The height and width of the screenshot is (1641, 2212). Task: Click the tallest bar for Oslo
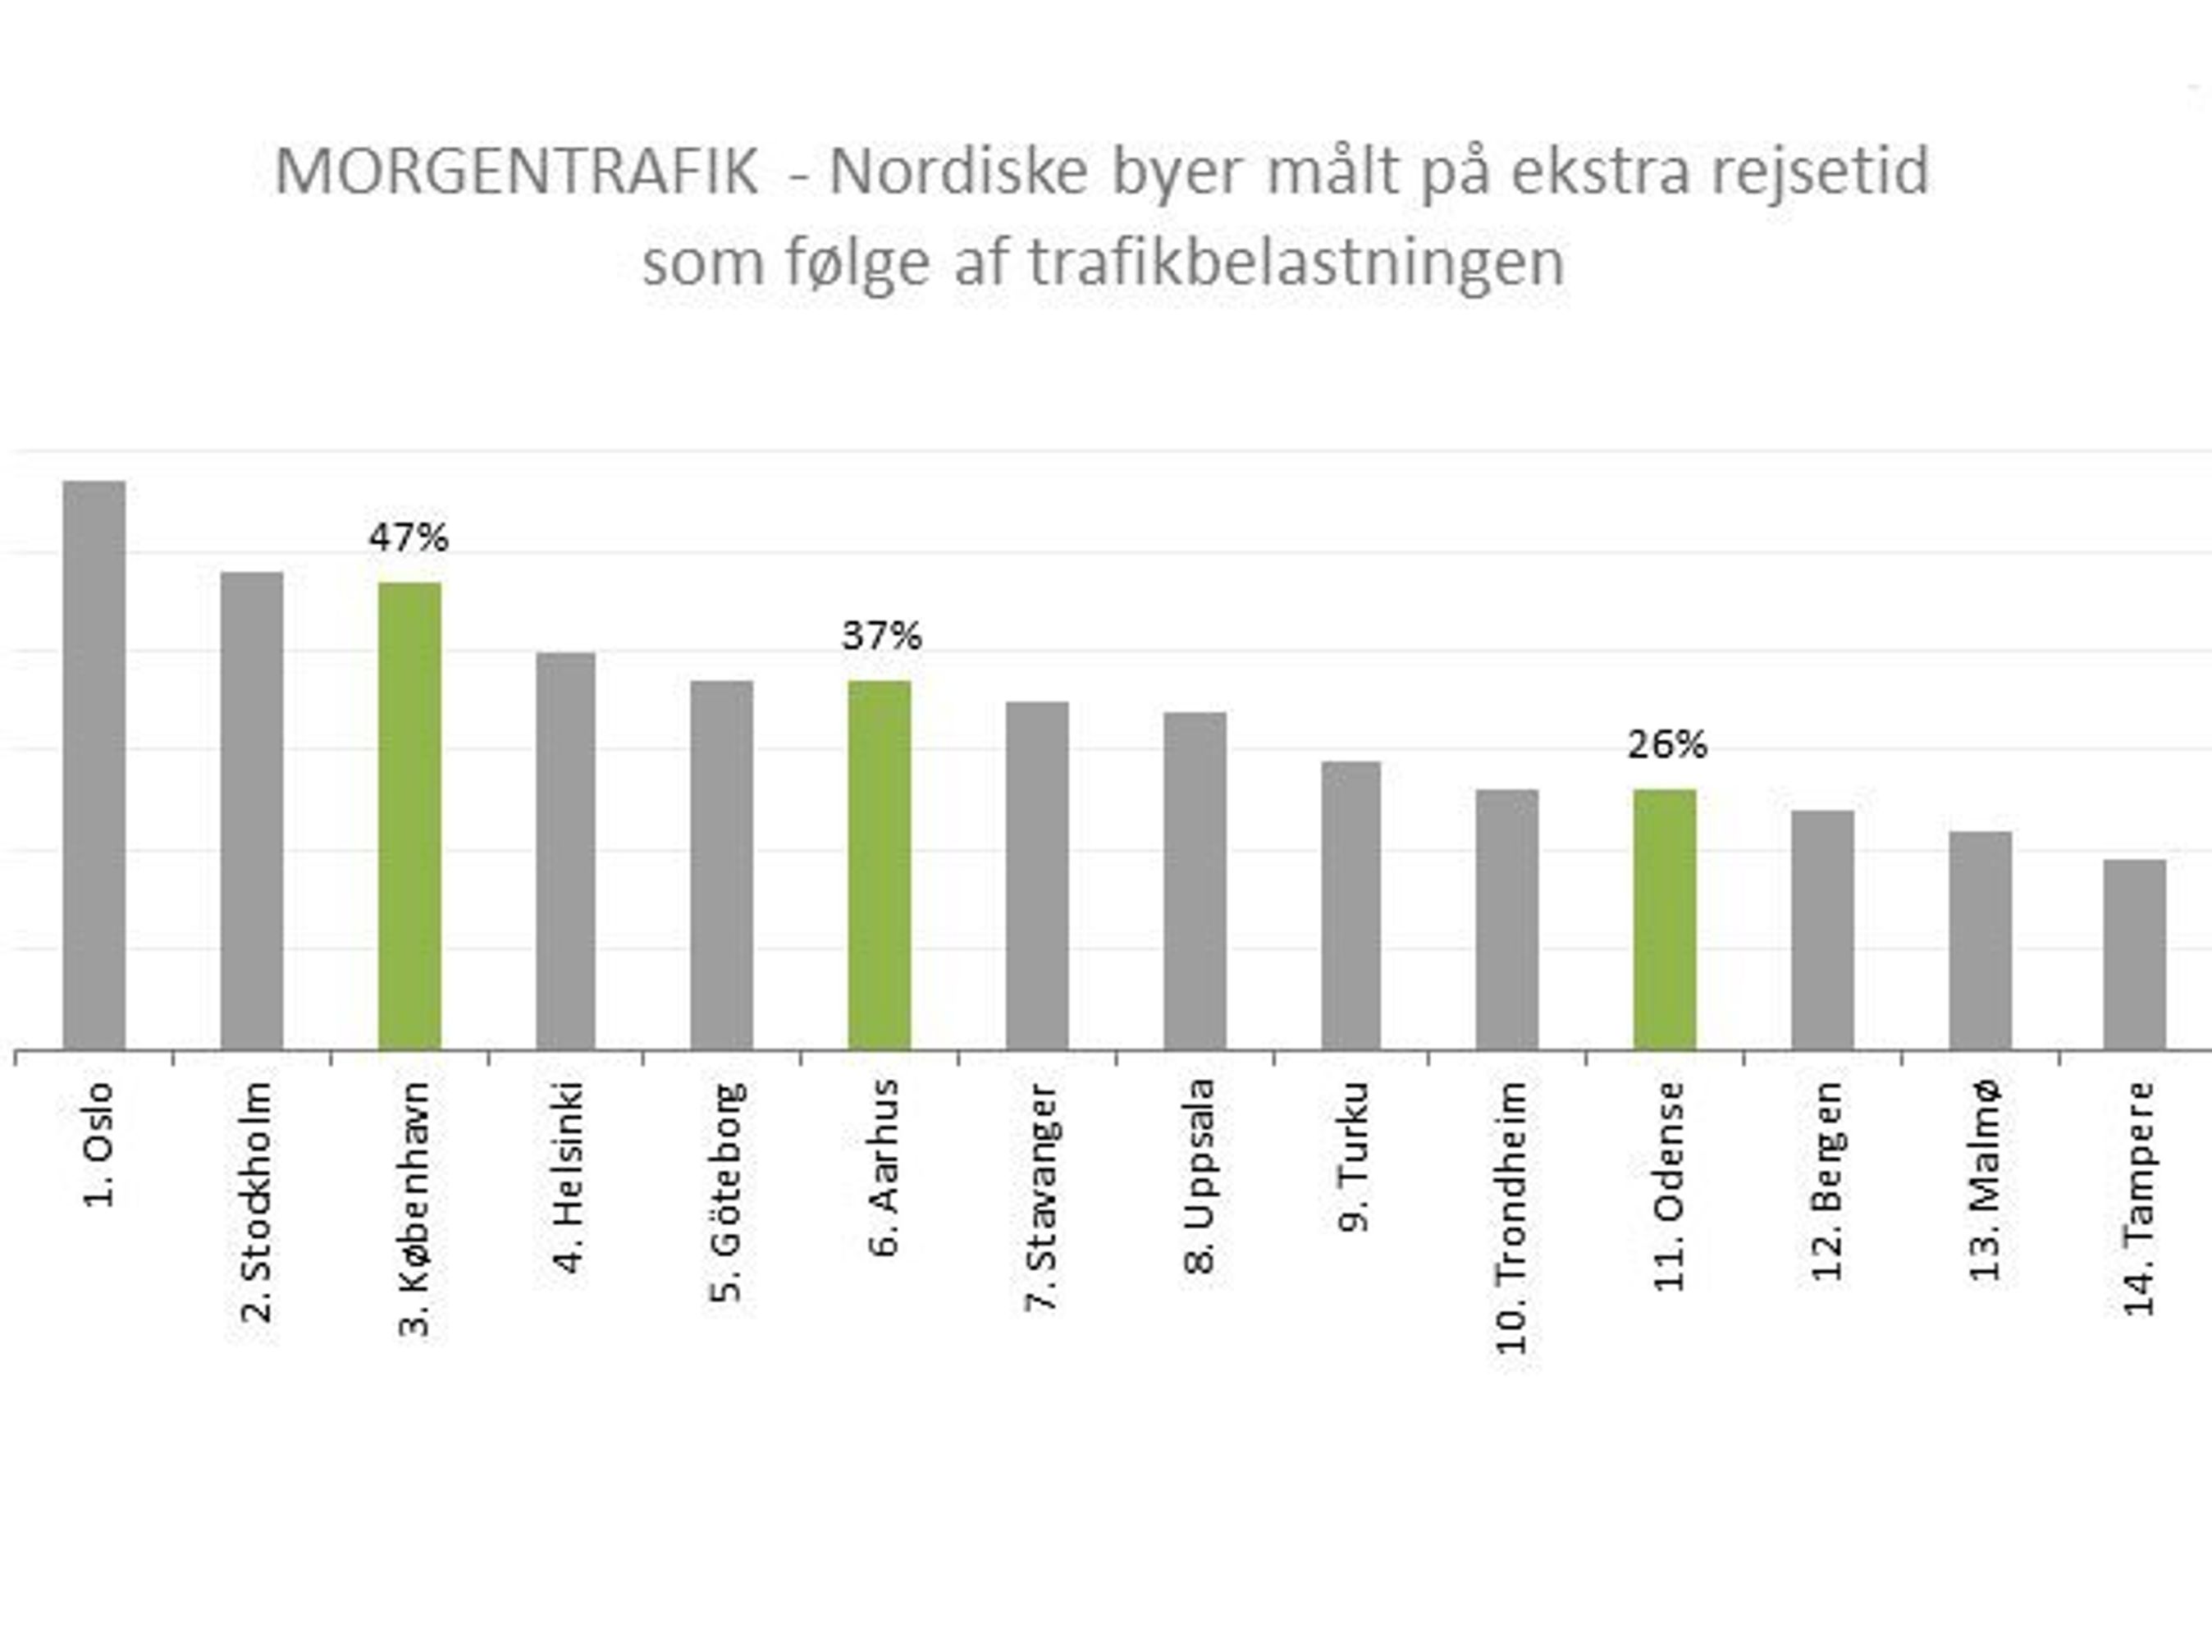pyautogui.click(x=94, y=765)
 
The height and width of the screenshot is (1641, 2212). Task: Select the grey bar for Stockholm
pyautogui.click(x=251, y=810)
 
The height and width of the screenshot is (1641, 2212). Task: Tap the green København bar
pyautogui.click(x=409, y=815)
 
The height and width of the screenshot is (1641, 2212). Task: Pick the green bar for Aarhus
pyautogui.click(x=879, y=864)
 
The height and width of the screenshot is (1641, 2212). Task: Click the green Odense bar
pyautogui.click(x=1665, y=919)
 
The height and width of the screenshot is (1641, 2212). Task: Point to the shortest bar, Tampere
pyautogui.click(x=2135, y=953)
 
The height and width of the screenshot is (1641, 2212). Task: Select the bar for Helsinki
pyautogui.click(x=566, y=849)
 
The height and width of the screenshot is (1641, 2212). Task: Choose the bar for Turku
pyautogui.click(x=1351, y=904)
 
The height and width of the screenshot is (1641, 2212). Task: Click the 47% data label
pyautogui.click(x=409, y=538)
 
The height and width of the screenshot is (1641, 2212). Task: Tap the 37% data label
pyautogui.click(x=881, y=636)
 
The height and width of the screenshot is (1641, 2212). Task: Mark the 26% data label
pyautogui.click(x=1666, y=745)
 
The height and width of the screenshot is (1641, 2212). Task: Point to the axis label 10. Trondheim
pyautogui.click(x=1512, y=1217)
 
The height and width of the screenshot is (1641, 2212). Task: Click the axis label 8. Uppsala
pyautogui.click(x=1200, y=1177)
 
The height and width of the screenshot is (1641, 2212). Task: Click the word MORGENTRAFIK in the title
pyautogui.click(x=517, y=171)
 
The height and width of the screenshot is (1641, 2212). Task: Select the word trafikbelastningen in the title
pyautogui.click(x=1296, y=263)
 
